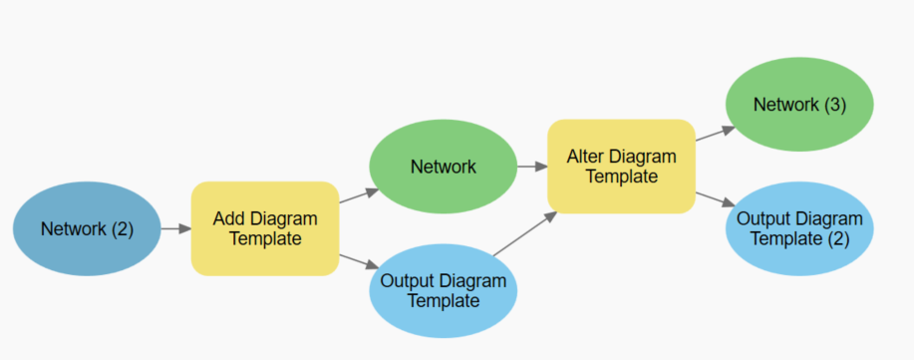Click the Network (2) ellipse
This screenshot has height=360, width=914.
[87, 228]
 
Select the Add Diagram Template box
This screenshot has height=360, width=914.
[265, 228]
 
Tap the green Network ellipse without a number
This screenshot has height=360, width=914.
[444, 167]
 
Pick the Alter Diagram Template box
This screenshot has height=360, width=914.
[621, 167]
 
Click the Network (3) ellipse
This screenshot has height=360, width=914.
[799, 105]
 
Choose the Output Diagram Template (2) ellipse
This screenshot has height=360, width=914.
[799, 228]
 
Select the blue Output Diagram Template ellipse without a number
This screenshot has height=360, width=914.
[444, 290]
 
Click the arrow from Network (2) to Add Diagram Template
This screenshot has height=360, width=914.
[175, 228]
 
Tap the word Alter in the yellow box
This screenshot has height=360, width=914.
[586, 157]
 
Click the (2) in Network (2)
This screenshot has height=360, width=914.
[121, 228]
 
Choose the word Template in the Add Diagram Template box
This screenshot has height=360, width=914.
[265, 239]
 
